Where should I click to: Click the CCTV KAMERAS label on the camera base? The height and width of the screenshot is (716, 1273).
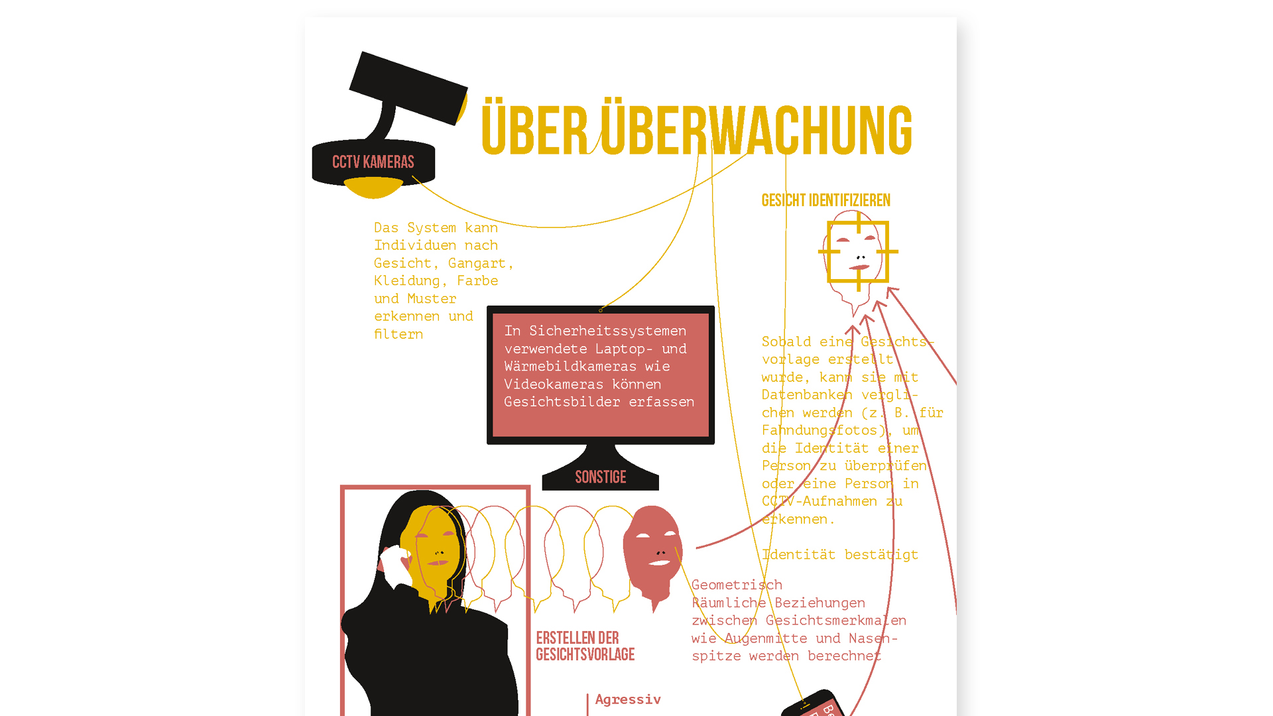tap(373, 162)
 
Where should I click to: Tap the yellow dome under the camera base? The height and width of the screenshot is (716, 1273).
tap(373, 188)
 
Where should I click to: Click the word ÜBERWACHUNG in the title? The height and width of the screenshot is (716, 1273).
tap(756, 130)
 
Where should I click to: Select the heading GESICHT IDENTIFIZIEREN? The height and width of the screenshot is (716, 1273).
tap(825, 200)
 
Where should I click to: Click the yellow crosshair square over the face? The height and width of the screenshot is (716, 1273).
tap(858, 252)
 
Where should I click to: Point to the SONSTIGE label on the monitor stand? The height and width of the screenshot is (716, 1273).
tap(600, 477)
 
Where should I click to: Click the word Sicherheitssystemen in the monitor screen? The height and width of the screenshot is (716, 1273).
tap(607, 331)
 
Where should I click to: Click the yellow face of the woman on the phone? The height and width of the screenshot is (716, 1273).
tap(434, 550)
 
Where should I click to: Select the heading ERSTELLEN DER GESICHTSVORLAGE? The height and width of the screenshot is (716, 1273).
tap(585, 646)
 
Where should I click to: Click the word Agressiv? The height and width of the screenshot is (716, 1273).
tap(628, 699)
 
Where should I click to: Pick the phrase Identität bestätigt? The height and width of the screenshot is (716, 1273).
tap(839, 555)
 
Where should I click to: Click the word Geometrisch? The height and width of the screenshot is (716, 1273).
tap(737, 585)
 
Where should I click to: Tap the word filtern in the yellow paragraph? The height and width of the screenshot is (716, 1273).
tap(398, 335)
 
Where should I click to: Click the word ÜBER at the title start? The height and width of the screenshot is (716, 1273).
tap(534, 130)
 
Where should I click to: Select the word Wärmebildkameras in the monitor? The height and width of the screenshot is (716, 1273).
tap(570, 367)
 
